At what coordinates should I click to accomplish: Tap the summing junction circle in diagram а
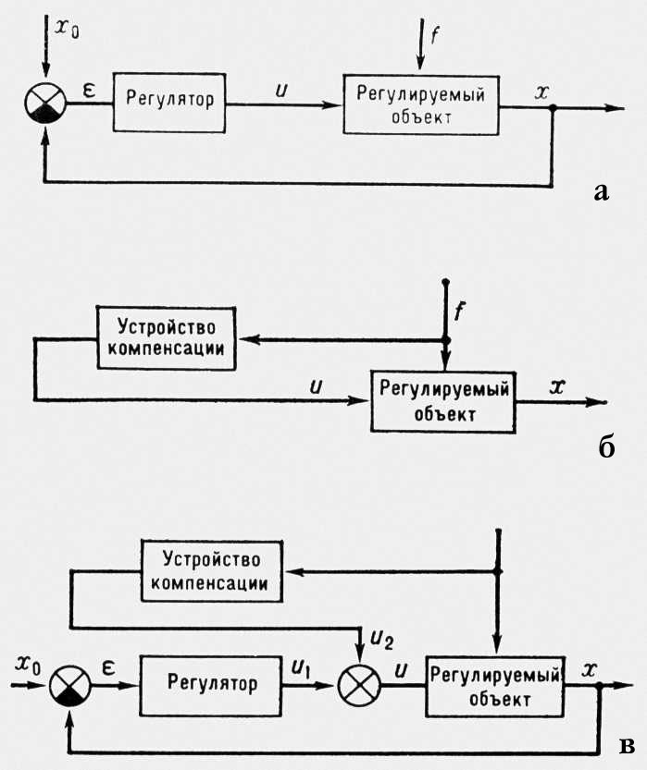44,103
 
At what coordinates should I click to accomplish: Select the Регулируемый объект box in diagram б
442,399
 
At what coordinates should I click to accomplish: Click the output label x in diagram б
557,388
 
